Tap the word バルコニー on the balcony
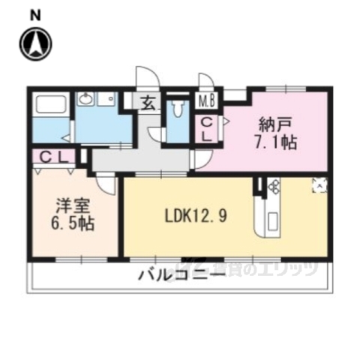coord(180,277)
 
